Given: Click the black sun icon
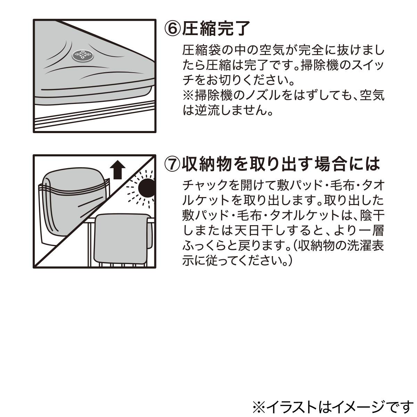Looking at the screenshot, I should (x=146, y=188).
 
